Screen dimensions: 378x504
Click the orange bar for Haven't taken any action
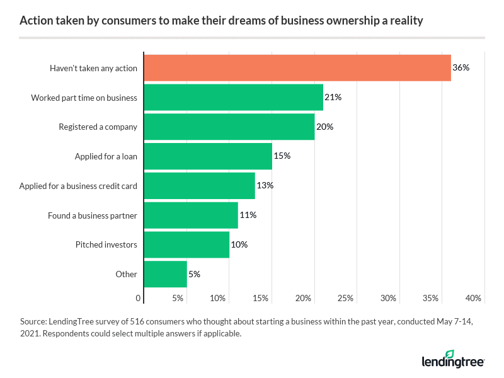(297, 67)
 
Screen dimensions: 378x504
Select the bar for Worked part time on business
(233, 97)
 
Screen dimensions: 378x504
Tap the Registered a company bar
(229, 127)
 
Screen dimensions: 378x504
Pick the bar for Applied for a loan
(208, 156)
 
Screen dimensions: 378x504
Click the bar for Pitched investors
(186, 244)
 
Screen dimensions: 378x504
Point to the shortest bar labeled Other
(165, 274)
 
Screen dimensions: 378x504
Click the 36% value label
(461, 67)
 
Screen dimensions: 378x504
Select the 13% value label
(265, 185)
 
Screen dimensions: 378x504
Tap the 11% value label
(248, 215)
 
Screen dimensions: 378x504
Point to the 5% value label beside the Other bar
(194, 274)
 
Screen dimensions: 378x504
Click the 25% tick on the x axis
(345, 298)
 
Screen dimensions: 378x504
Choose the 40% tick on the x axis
(474, 298)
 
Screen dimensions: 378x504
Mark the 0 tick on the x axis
(139, 298)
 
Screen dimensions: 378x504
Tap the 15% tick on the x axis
(261, 298)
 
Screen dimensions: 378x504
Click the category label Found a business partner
(93, 215)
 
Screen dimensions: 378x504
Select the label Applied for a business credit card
(78, 186)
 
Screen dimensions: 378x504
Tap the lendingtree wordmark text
(452, 362)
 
